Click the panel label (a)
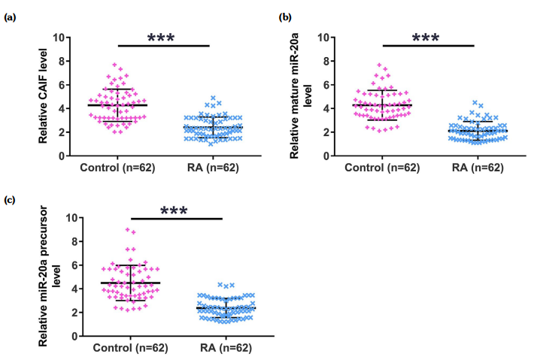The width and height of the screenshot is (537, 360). [12, 17]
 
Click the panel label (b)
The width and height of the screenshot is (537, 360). [285, 16]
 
